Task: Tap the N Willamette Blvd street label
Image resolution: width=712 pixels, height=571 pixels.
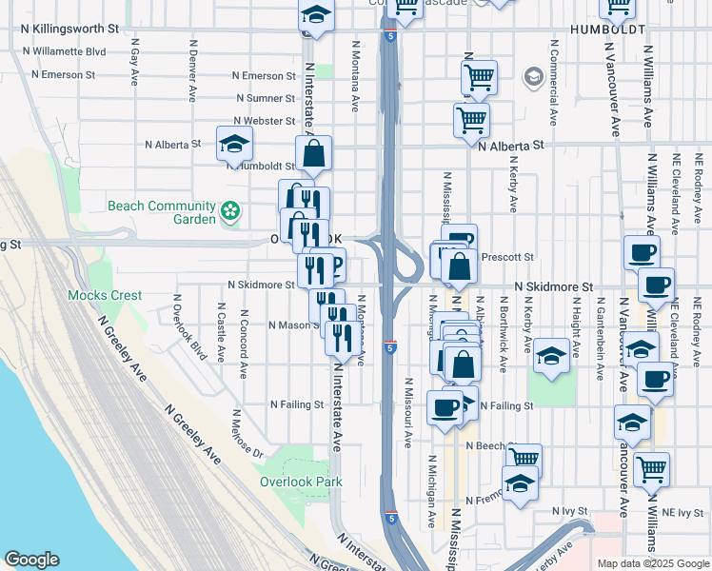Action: coord(64,50)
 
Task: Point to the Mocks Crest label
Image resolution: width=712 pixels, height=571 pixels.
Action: coord(105,295)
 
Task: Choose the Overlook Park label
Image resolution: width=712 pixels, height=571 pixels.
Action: coord(301,482)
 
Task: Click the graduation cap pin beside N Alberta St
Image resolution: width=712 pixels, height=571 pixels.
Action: coord(234,144)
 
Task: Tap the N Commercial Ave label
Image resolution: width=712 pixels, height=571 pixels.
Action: coord(552,83)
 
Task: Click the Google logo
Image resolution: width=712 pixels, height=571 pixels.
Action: coord(32,560)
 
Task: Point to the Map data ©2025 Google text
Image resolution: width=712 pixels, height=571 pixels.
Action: coord(652,563)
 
